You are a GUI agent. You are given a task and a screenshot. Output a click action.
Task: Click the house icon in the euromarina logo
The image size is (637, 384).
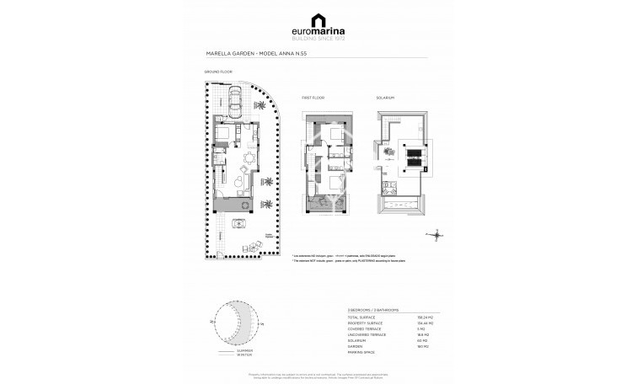pos(318,19)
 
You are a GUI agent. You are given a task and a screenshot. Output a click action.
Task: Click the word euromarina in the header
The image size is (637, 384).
pos(318,33)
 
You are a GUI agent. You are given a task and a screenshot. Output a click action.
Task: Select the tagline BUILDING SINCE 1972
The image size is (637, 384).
pos(318,40)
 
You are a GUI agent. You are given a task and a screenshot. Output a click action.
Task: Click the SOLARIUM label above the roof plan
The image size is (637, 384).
pos(385,98)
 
